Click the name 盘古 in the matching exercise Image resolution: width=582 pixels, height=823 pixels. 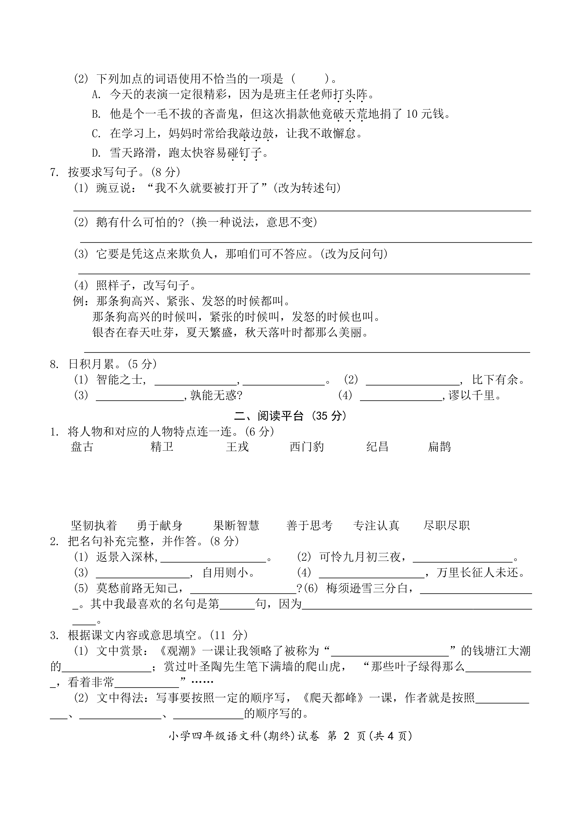coord(82,447)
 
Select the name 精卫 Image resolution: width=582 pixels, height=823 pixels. coord(162,447)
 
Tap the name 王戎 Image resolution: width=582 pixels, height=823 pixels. coord(237,447)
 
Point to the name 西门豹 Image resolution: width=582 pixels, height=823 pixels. coord(307,447)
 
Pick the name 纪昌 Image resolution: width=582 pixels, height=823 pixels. coord(377,447)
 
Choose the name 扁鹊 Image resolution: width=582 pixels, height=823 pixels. coord(439,447)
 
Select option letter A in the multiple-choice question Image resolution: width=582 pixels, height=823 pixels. coord(96,95)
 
